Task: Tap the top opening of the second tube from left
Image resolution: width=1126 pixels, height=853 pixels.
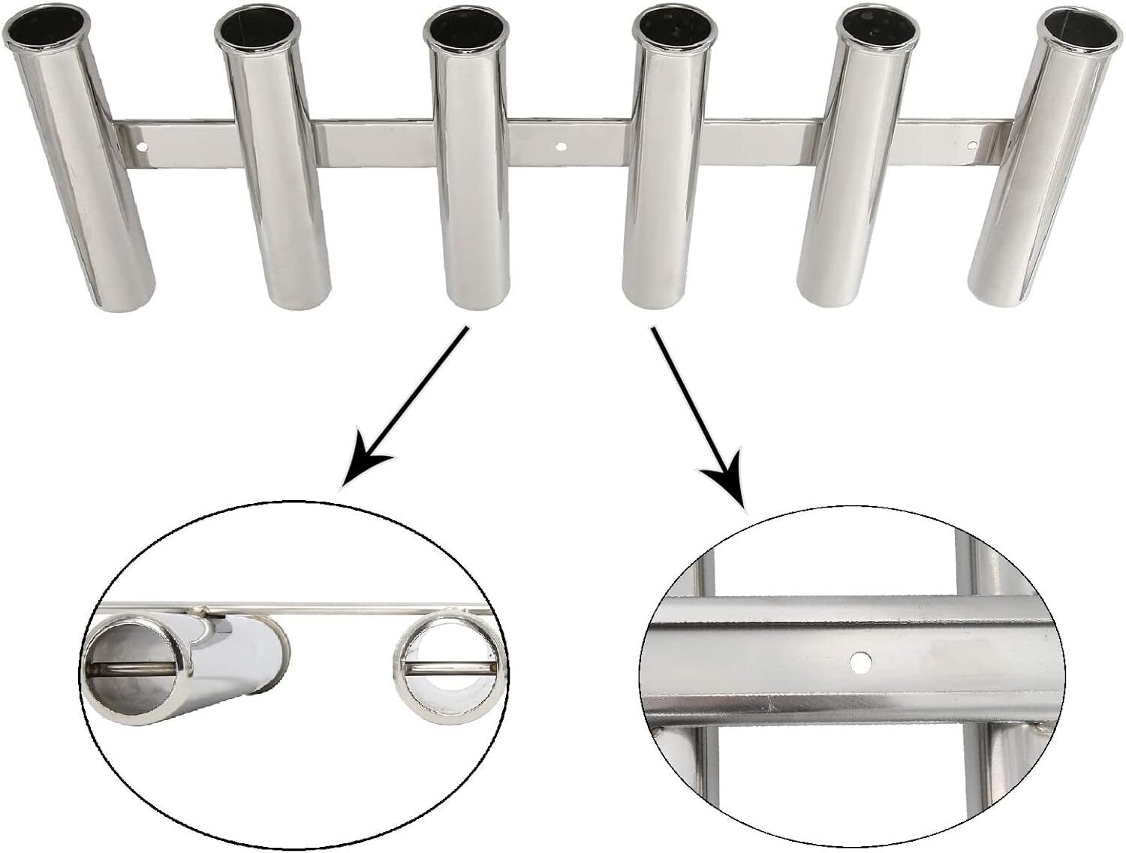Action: [x=257, y=32]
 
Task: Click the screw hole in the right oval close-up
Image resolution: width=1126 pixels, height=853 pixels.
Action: [x=858, y=661]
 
